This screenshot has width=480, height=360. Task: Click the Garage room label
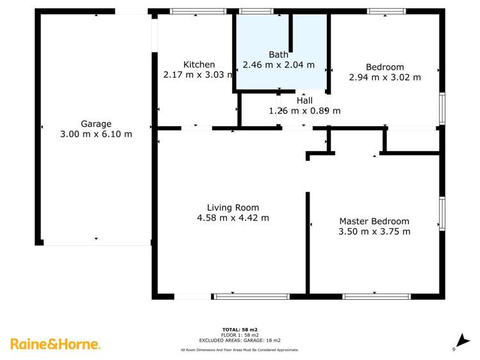95,124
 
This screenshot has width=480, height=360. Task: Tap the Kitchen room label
199,65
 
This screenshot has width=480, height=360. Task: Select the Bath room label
279,54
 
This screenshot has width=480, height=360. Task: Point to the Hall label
304,101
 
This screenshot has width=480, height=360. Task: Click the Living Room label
233,208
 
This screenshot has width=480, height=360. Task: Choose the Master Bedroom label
374,221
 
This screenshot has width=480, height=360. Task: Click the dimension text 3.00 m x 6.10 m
95,134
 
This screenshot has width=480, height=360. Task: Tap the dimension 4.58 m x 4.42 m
233,218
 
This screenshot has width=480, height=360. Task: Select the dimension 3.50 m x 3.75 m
374,231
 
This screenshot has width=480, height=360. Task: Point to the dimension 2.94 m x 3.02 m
385,78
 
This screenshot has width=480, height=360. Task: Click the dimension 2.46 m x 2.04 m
279,65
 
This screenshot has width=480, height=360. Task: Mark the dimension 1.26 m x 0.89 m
304,111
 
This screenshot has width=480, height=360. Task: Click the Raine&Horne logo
56,344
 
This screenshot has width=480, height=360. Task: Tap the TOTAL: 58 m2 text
240,329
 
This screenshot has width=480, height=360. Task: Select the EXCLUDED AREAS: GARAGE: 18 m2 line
240,340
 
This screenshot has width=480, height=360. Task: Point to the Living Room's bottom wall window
251,296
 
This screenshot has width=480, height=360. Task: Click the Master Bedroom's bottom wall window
377,296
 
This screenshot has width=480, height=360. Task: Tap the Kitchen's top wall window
197,11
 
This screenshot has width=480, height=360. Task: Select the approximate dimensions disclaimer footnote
240,350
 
